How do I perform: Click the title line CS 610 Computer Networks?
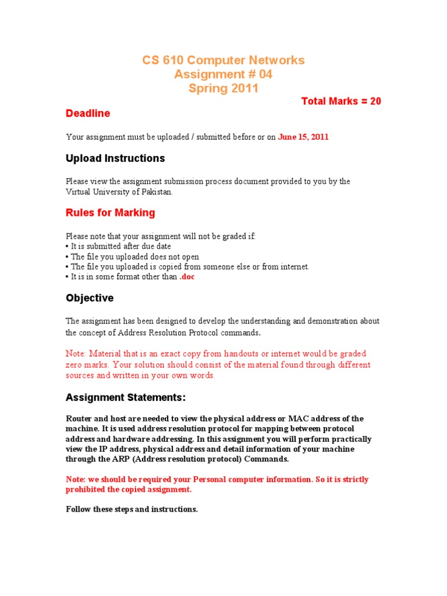[x=223, y=61]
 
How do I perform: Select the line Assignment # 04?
[x=223, y=74]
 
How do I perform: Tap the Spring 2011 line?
[x=223, y=88]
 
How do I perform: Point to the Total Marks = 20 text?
[x=341, y=101]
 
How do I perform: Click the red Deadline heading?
[x=88, y=113]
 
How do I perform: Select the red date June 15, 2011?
[x=303, y=137]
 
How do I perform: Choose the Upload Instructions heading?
[x=115, y=158]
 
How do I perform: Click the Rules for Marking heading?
[x=111, y=213]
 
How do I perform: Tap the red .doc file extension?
[x=187, y=277]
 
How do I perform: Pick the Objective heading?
[x=90, y=298]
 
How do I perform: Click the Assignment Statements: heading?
[x=126, y=398]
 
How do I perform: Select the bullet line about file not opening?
[x=133, y=257]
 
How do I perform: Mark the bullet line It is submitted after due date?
[x=119, y=247]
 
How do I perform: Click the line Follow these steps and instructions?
[x=132, y=509]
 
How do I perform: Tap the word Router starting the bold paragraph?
[x=79, y=419]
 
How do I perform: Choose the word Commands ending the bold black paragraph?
[x=269, y=459]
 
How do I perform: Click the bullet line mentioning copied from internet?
[x=188, y=267]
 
